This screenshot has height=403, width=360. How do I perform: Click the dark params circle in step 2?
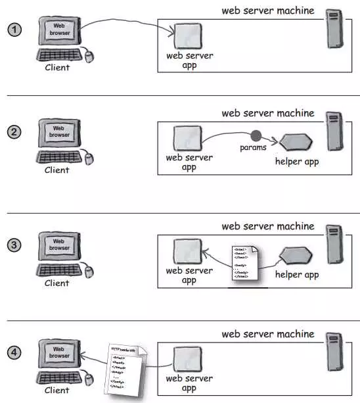click(256, 136)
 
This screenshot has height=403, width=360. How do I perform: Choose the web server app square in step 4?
click(187, 359)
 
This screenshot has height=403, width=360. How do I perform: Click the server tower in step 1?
click(336, 30)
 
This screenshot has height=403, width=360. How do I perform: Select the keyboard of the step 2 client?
click(60, 158)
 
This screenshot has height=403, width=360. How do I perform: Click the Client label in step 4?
click(56, 390)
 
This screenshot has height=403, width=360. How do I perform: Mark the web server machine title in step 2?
click(267, 112)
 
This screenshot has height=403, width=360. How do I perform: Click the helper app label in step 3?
click(297, 275)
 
